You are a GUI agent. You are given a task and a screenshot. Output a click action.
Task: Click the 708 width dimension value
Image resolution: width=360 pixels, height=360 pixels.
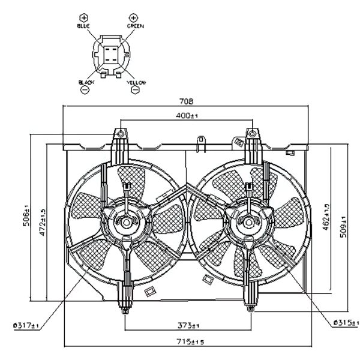coord(186,101)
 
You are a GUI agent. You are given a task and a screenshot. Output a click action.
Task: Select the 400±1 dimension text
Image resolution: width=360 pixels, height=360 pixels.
coord(187,115)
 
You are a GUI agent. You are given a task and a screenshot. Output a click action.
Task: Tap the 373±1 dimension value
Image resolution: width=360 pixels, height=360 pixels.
coord(188,325)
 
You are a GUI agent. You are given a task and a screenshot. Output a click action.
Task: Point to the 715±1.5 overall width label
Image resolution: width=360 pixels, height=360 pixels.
coord(190,342)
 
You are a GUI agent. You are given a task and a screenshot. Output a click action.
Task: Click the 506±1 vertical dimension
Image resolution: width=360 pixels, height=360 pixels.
coord(26,215)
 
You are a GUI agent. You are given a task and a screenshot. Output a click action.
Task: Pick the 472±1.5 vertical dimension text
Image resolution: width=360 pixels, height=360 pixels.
coord(43,222)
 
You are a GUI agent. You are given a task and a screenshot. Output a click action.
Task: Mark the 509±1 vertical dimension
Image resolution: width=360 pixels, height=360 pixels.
coord(344,227)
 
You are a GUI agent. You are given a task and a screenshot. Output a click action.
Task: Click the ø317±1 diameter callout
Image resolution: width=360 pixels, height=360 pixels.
coord(26,325)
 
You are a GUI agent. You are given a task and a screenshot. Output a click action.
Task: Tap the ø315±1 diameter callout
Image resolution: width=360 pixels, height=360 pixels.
coord(346,323)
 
